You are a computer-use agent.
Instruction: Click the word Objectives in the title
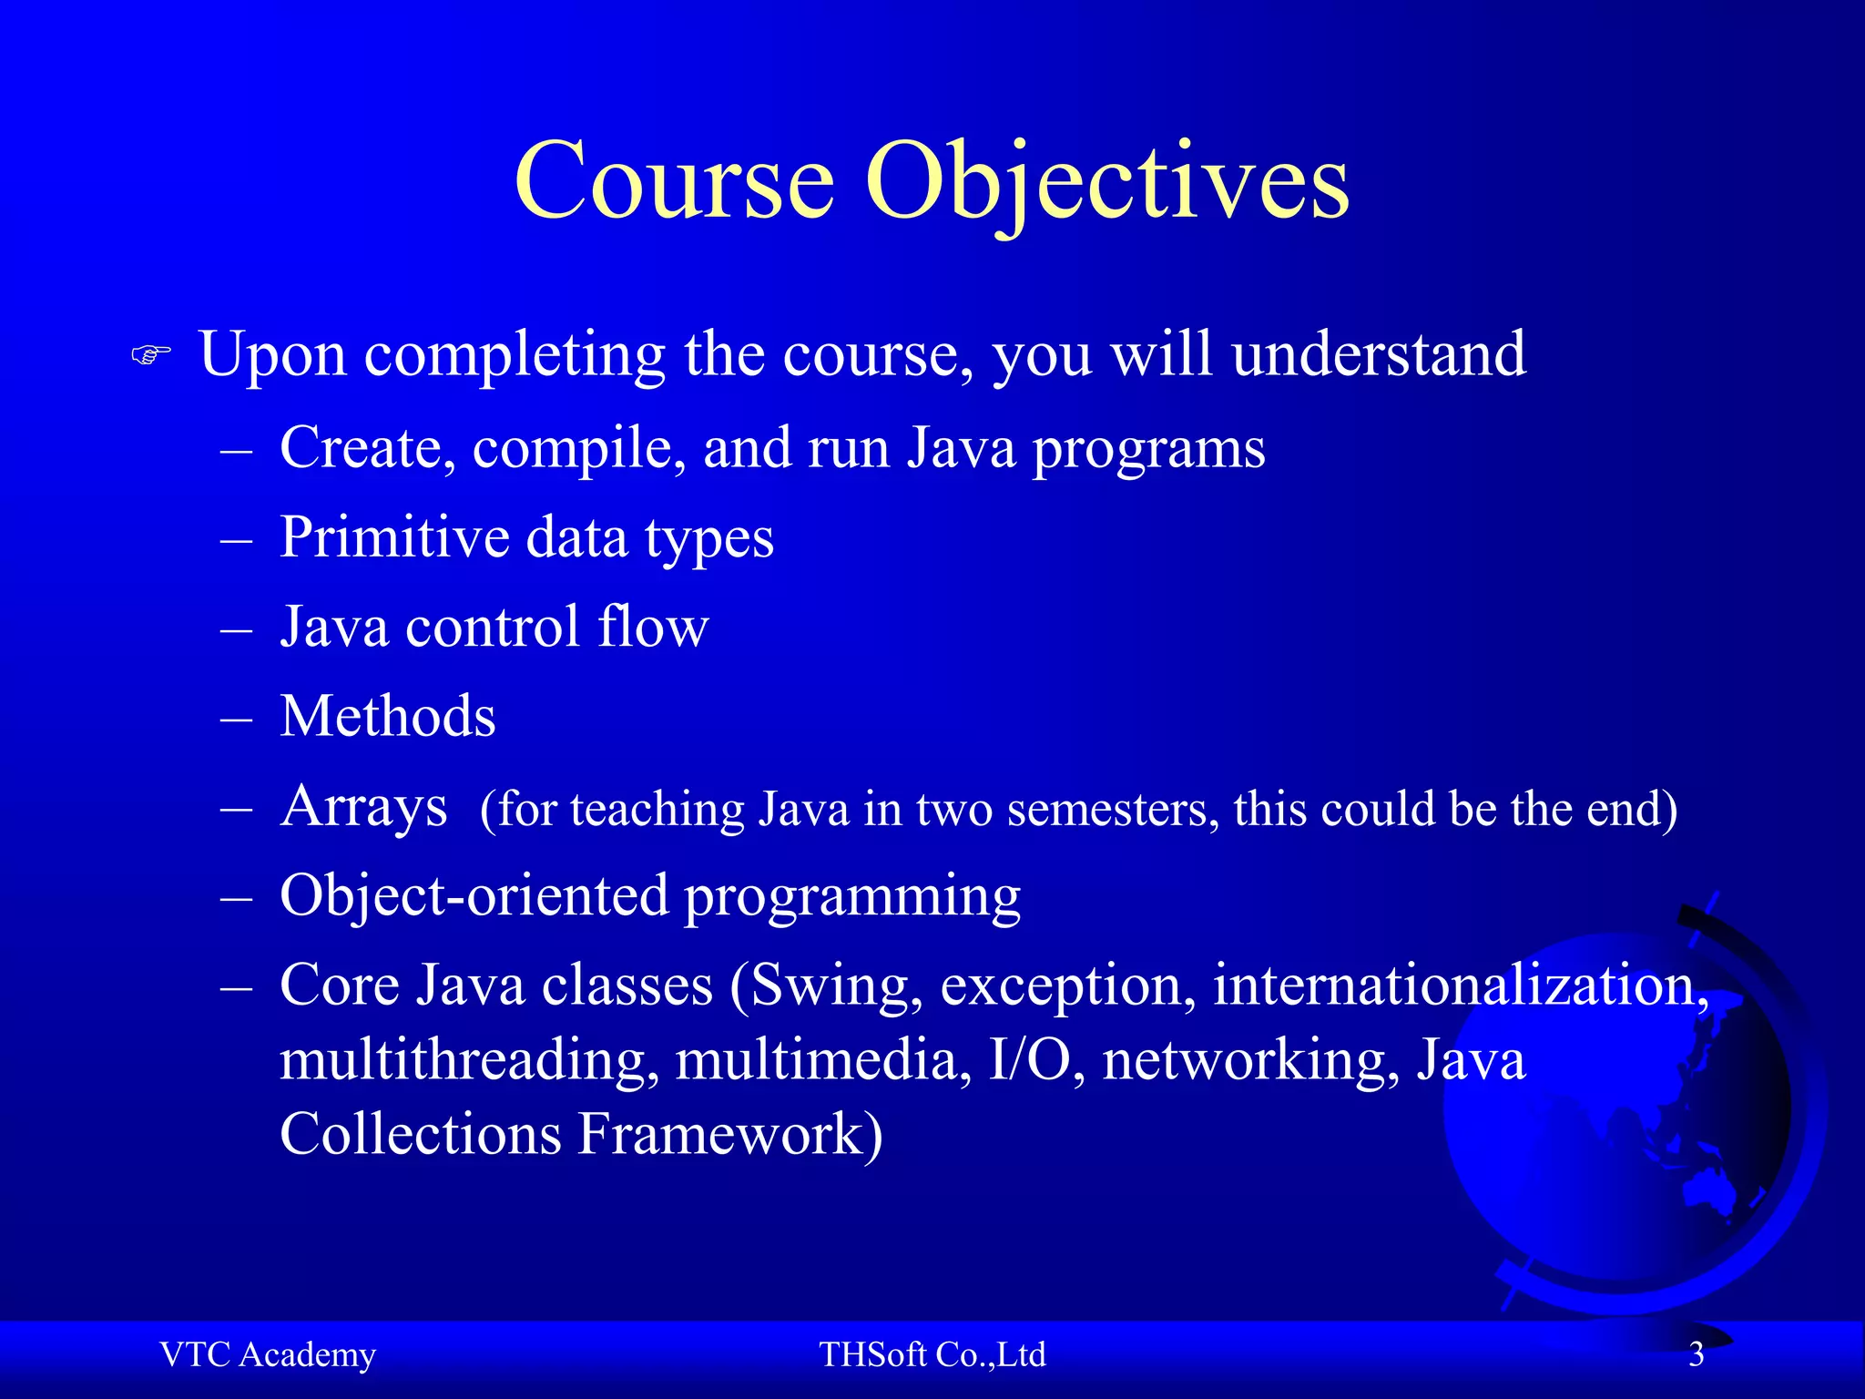[x=1106, y=182]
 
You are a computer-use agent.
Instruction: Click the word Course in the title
[x=674, y=182]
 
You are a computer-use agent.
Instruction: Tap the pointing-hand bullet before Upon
[x=151, y=354]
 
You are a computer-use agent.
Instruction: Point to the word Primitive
[x=393, y=537]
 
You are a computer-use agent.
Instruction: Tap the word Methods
[x=388, y=717]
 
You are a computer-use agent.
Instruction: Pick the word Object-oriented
[x=474, y=896]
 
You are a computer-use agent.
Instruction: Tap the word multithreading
[x=469, y=1061]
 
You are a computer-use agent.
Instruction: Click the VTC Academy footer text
[x=268, y=1355]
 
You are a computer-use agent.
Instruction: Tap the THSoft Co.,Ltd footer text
[x=932, y=1355]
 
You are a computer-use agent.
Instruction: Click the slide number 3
[x=1696, y=1355]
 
